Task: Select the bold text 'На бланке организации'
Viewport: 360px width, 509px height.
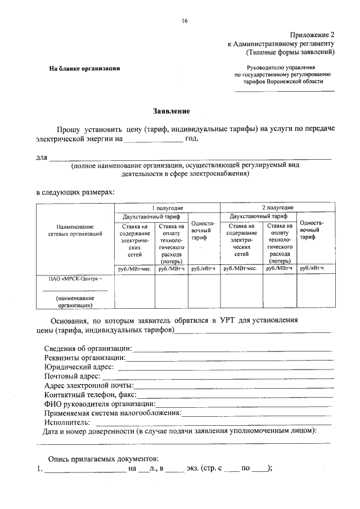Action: [84, 69]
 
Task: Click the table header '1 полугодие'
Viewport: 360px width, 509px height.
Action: [167, 208]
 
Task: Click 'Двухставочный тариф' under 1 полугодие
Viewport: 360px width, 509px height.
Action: [150, 216]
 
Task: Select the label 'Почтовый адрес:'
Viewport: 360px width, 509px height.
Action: [72, 376]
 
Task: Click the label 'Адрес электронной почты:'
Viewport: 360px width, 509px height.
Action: [88, 385]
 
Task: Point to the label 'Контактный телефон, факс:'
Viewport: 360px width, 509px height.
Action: [90, 395]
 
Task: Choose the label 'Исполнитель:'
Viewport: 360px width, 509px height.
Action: [66, 422]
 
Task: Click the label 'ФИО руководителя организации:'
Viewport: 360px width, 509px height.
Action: [99, 404]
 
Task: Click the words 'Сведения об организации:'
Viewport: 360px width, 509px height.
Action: [88, 349]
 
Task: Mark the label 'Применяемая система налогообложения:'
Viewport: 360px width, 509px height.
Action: [112, 413]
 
